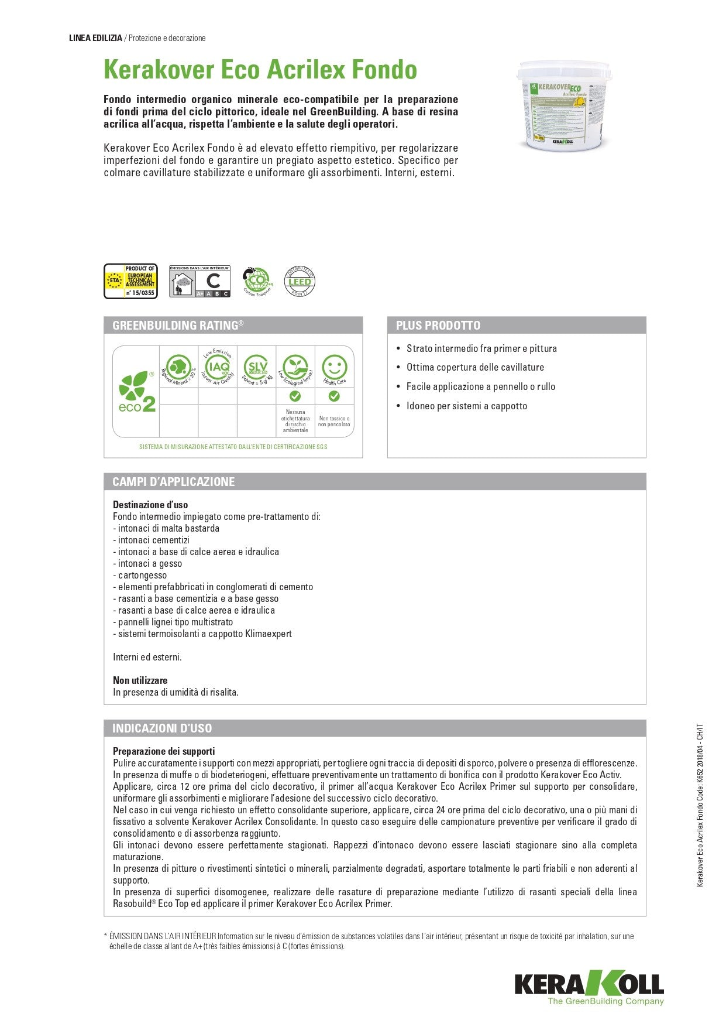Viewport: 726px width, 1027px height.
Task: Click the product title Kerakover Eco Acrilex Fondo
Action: [260, 70]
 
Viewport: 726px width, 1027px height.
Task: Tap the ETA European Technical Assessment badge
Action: [130, 281]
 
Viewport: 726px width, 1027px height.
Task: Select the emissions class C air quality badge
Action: [199, 281]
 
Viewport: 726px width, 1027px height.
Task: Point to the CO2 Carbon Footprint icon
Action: [257, 280]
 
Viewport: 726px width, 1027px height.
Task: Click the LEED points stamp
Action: [299, 281]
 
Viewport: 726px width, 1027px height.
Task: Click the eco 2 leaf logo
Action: [136, 391]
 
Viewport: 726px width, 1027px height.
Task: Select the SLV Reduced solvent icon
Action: [256, 367]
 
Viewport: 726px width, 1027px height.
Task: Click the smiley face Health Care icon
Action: [334, 368]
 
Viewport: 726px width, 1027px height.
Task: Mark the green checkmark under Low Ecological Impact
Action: [295, 396]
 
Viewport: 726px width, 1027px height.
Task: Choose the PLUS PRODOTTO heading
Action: [438, 326]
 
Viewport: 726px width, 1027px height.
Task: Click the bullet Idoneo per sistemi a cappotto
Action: [467, 406]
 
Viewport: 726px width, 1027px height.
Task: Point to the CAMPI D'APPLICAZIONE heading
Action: [174, 482]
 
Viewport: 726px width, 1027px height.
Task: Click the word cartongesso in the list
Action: [142, 575]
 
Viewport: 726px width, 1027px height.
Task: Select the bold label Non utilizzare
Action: [140, 680]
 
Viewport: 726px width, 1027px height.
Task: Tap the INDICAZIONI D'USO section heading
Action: [162, 728]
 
